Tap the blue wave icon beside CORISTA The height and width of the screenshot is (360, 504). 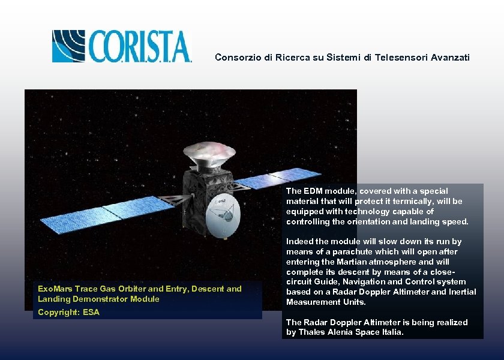[70, 46]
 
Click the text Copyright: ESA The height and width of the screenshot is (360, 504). [68, 312]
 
